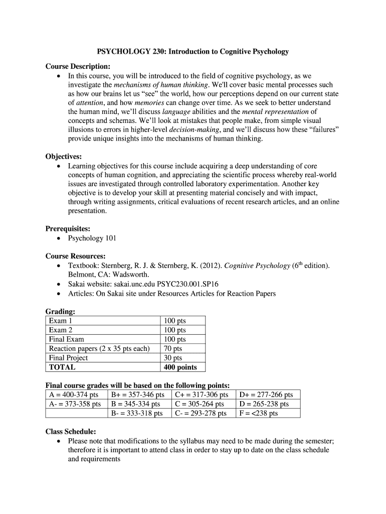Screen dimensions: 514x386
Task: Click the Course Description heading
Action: [78, 67]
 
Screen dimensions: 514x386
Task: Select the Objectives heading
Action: [64, 157]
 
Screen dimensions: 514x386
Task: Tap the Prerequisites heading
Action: [68, 229]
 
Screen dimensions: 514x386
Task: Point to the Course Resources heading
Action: [75, 256]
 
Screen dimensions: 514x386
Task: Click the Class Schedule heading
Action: [71, 431]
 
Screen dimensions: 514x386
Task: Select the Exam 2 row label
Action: [61, 330]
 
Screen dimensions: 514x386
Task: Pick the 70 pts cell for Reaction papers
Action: [173, 349]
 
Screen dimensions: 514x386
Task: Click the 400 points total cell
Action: [180, 367]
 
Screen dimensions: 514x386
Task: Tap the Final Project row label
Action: [68, 358]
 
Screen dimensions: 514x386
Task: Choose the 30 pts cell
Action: [173, 358]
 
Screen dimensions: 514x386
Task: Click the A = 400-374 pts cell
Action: [73, 395]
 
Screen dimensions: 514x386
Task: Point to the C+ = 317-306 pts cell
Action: [201, 395]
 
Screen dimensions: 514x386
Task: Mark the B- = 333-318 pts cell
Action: [137, 414]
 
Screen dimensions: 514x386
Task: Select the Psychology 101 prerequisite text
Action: [92, 238]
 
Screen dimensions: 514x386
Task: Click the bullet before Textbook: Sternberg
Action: [59, 266]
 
